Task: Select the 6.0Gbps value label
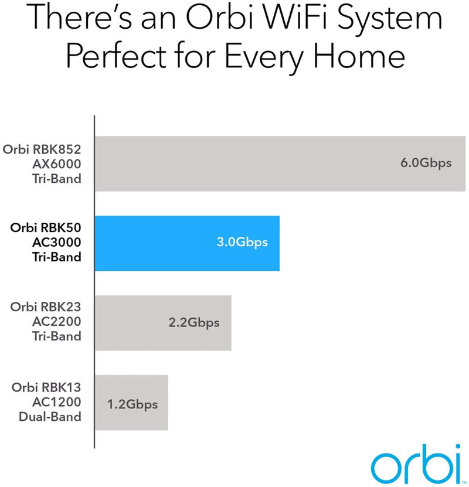point(426,163)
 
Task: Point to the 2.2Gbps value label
point(193,322)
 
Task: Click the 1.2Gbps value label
point(132,403)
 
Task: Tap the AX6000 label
point(56,165)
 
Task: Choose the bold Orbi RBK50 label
point(46,230)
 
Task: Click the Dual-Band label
point(52,417)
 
